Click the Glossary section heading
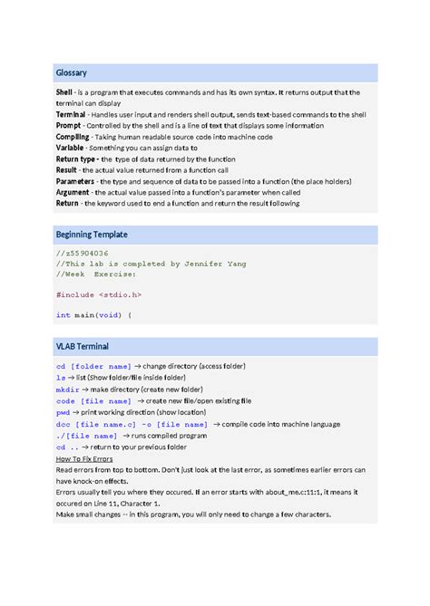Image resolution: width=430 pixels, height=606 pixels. pyautogui.click(x=72, y=73)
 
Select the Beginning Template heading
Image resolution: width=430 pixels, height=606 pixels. pyautogui.click(x=92, y=235)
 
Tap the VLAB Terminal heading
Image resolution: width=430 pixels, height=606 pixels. pyautogui.click(x=83, y=346)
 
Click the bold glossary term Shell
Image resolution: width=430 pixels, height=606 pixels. pyautogui.click(x=66, y=92)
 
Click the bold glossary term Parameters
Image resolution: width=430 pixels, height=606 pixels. pyautogui.click(x=75, y=181)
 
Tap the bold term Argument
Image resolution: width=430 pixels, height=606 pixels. pyautogui.click(x=73, y=192)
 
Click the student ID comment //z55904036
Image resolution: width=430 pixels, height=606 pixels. pyautogui.click(x=83, y=254)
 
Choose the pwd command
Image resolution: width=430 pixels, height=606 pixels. pyautogui.click(x=63, y=411)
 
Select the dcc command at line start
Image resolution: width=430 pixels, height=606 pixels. pyautogui.click(x=63, y=423)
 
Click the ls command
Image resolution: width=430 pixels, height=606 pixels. pyautogui.click(x=60, y=377)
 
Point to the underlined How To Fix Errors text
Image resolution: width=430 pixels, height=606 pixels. pyautogui.click(x=83, y=459)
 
